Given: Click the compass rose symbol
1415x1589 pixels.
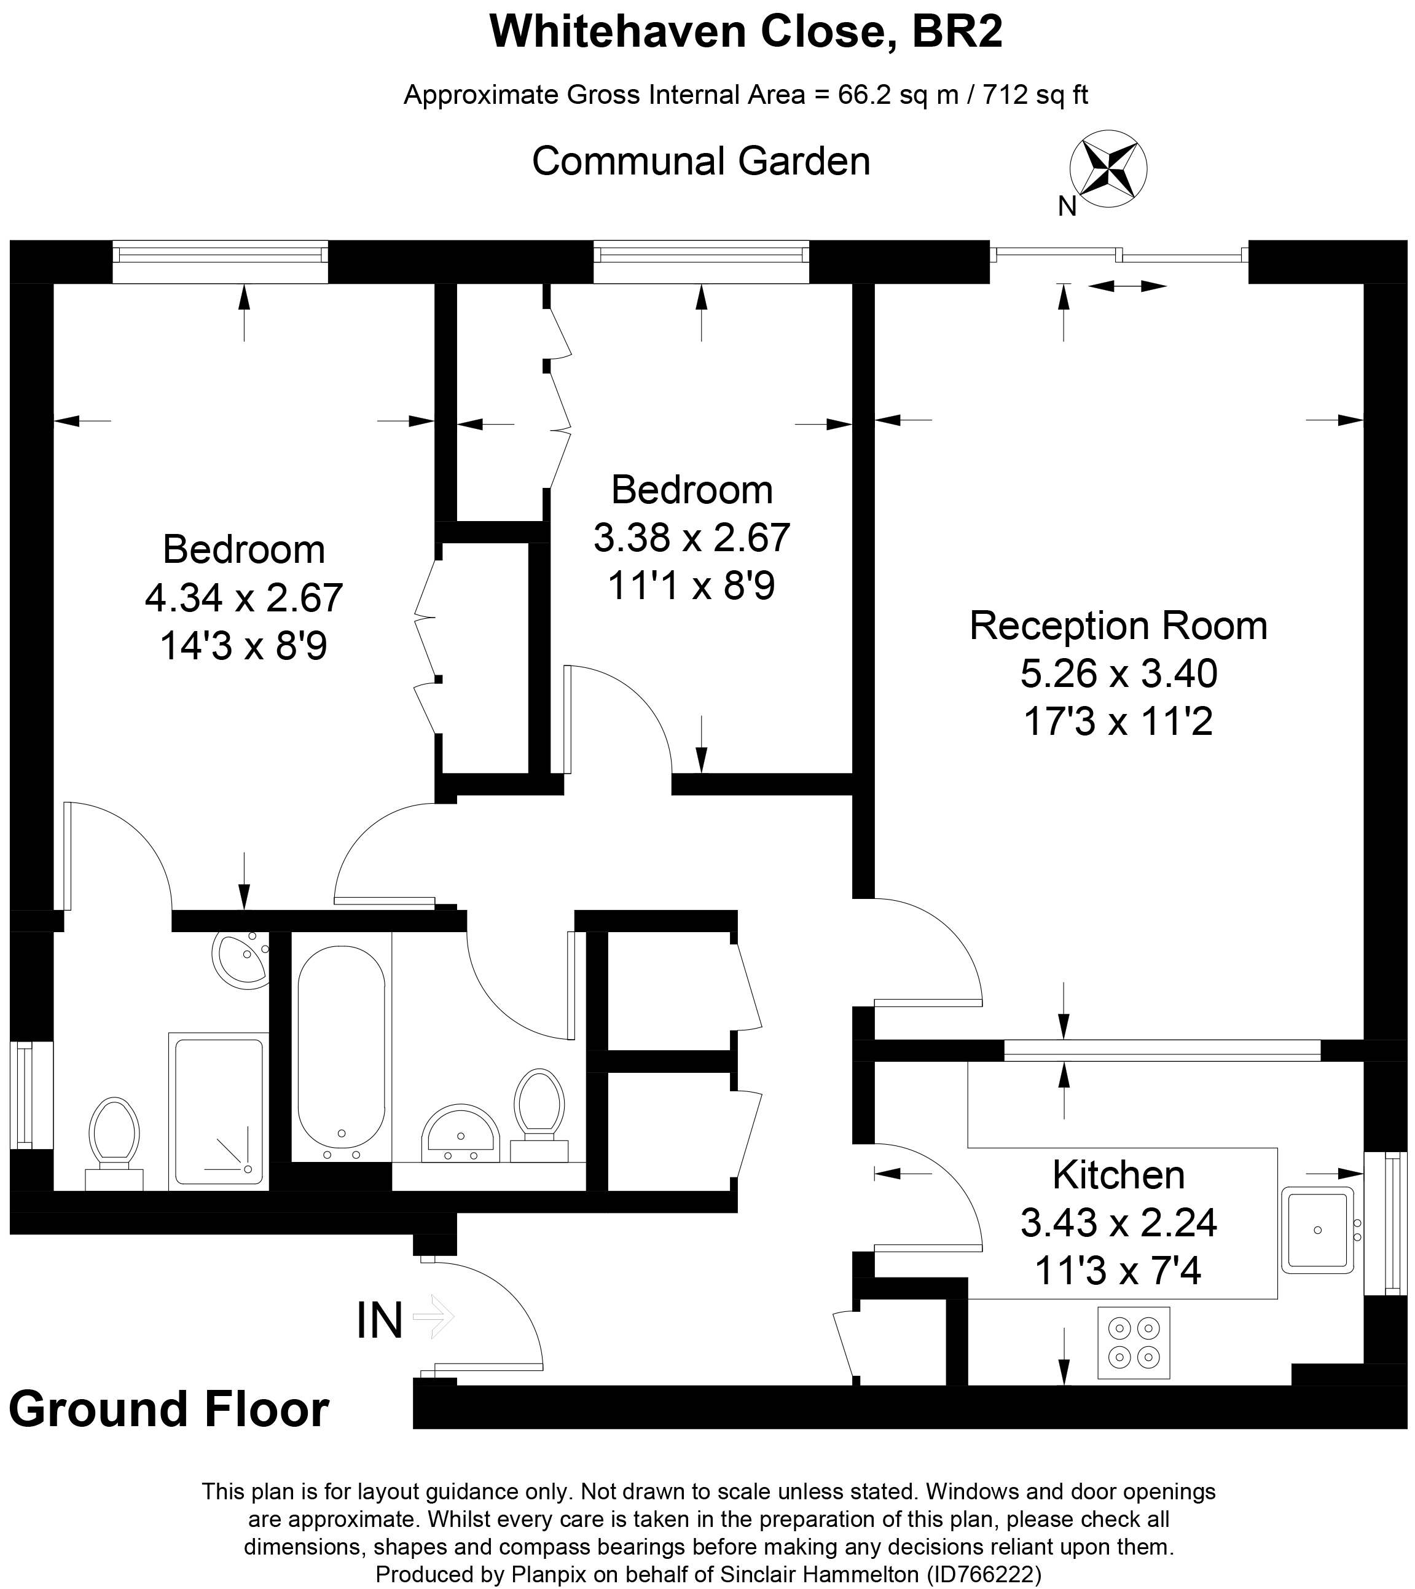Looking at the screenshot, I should tap(1108, 169).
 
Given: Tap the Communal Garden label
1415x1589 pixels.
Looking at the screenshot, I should tap(700, 162).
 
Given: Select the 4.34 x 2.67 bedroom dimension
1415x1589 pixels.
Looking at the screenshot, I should tap(244, 598).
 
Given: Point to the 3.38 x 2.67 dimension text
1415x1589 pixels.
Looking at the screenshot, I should tap(691, 538).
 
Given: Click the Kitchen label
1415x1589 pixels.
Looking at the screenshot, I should tap(1118, 1175).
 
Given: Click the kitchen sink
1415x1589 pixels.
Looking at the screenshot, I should tap(1317, 1229).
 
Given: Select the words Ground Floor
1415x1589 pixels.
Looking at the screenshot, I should tap(169, 1410).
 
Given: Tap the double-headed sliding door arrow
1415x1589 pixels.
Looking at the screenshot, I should tap(1127, 287).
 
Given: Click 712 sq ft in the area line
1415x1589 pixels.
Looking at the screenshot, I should tap(1035, 95).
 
